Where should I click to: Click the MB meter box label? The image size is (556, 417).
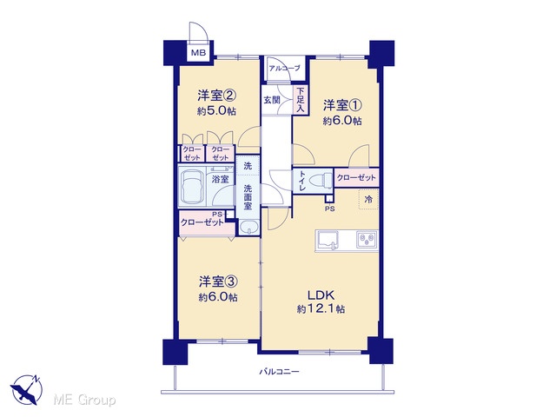coord(198,54)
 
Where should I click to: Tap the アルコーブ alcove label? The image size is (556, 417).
coord(284,69)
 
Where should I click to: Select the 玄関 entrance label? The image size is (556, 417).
coord(271,100)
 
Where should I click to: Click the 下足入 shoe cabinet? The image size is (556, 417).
coord(301,101)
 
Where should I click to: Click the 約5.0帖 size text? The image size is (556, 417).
coord(216,111)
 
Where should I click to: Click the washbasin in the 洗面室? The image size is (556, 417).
coord(248,227)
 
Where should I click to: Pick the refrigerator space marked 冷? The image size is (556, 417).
coord(368,199)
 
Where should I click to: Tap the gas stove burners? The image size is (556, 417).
coord(367,241)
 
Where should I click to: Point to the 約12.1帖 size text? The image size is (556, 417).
coord(321,309)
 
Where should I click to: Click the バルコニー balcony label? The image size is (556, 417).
coord(279,372)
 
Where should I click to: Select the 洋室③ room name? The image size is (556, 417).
coord(218,281)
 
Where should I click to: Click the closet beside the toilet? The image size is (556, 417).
coord(356,178)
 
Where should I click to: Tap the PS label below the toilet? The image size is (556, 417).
coord(330,208)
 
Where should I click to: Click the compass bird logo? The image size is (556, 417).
coord(26,389)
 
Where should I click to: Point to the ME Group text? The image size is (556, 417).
coord(84,400)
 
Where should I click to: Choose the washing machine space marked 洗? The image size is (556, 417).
coord(248,166)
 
